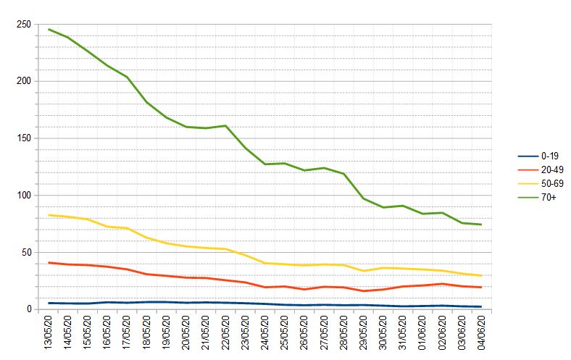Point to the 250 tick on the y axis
point(23,25)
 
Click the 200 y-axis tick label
point(23,81)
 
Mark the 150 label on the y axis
point(23,138)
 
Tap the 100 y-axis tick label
point(23,196)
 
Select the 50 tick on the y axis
point(25,252)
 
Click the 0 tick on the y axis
point(28,309)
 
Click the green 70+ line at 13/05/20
point(49,30)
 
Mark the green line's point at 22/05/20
point(226,126)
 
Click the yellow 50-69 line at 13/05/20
point(49,215)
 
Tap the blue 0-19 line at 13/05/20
point(49,303)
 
